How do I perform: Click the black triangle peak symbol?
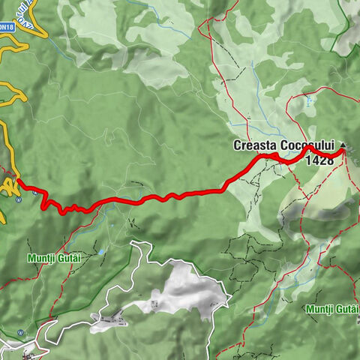[344, 145]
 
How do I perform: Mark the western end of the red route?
[17, 180]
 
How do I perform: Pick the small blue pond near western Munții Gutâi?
[100, 253]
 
